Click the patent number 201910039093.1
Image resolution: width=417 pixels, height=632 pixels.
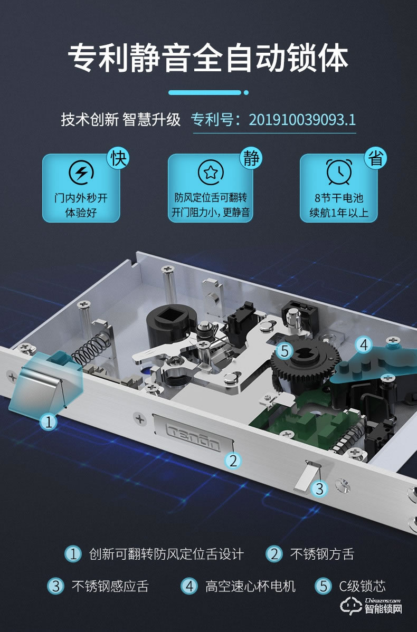(302, 119)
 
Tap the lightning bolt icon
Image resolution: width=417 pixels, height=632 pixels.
(82, 172)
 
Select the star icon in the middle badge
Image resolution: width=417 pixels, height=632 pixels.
(210, 172)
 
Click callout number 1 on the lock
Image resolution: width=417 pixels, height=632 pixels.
(49, 422)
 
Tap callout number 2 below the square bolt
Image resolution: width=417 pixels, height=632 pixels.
(232, 460)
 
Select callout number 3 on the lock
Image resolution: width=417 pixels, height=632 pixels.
(319, 489)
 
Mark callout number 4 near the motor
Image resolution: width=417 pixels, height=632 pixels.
(364, 345)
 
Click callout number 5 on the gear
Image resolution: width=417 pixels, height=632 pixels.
(285, 351)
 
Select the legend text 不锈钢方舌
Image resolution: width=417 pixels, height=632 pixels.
(321, 554)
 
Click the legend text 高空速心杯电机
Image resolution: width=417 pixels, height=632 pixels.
(250, 586)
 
